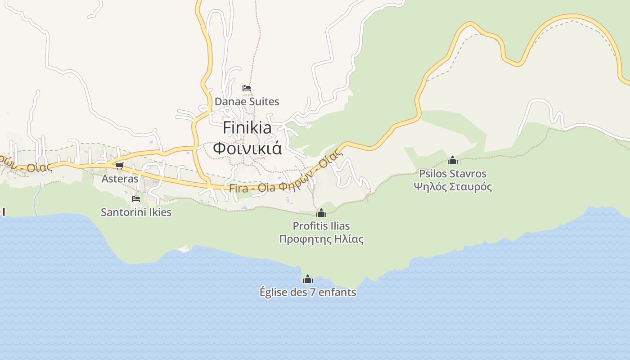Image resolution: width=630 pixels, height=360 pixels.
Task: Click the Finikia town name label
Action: pyautogui.click(x=247, y=128)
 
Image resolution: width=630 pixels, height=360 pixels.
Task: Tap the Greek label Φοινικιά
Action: pyautogui.click(x=247, y=148)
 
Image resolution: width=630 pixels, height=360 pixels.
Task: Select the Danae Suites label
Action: pyautogui.click(x=247, y=102)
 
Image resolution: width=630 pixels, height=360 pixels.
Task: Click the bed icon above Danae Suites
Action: pyautogui.click(x=247, y=88)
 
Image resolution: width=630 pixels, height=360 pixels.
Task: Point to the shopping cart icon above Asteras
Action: pyautogui.click(x=120, y=166)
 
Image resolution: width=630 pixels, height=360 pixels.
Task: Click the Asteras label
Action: pyautogui.click(x=120, y=179)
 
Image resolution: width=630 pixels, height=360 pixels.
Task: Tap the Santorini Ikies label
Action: pyautogui.click(x=136, y=212)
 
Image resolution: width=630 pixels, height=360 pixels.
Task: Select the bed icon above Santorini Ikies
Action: pyautogui.click(x=136, y=199)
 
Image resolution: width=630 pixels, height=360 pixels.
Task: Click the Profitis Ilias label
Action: pyautogui.click(x=321, y=226)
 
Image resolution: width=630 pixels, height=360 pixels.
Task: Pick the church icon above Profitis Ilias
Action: pyautogui.click(x=321, y=213)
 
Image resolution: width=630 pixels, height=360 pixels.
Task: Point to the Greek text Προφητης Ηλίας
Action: pyautogui.click(x=321, y=239)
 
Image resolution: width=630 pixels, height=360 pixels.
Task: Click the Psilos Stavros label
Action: pyautogui.click(x=453, y=174)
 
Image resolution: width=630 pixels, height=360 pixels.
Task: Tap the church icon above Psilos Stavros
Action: pyautogui.click(x=453, y=160)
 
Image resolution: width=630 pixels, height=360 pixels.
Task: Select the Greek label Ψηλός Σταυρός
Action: pyautogui.click(x=453, y=187)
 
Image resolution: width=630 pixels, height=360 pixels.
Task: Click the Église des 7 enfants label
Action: pyautogui.click(x=308, y=292)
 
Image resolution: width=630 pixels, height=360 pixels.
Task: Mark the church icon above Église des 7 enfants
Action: pyautogui.click(x=308, y=279)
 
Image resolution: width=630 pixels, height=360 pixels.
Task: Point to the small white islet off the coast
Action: pyautogui.click(x=184, y=248)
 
